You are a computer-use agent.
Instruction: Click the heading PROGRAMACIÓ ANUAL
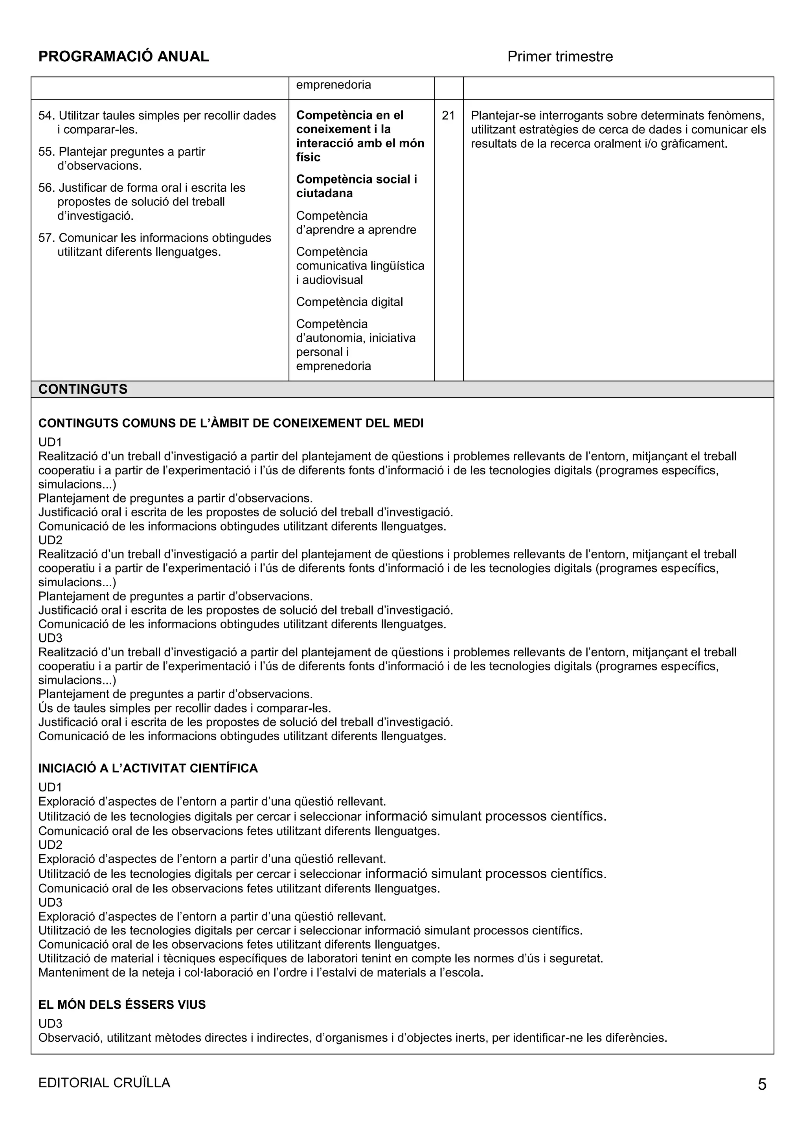(123, 57)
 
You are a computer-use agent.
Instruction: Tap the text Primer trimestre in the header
(560, 57)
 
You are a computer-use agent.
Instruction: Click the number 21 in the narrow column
(448, 116)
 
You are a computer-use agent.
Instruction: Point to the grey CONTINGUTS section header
(83, 389)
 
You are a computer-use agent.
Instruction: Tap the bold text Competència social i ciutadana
(357, 186)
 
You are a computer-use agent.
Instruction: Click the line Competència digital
(349, 302)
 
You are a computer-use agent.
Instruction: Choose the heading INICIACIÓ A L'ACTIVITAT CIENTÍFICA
(148, 768)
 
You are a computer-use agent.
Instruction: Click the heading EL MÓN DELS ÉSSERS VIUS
(122, 1005)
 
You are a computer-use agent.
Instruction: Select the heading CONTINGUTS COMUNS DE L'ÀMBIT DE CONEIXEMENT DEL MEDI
(231, 423)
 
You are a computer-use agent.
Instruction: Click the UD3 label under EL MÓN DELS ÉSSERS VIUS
(50, 1024)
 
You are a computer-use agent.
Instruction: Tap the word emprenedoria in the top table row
(333, 85)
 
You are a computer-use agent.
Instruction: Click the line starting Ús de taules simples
(184, 708)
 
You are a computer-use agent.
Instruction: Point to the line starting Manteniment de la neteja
(260, 973)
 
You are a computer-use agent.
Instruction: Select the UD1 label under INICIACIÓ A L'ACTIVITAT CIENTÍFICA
(50, 787)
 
